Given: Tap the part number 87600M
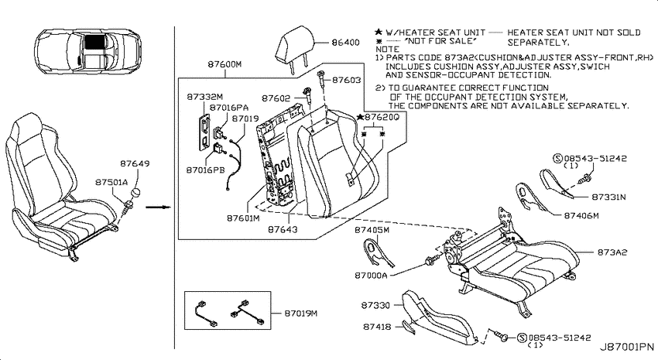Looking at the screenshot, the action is (224, 64).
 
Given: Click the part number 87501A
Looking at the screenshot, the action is (111, 183).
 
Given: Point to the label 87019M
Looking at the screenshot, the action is (301, 314).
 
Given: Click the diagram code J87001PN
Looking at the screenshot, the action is (626, 347).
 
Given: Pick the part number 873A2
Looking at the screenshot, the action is (612, 252).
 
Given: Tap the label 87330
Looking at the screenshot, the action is (375, 306).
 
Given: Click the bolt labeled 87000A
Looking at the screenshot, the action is (430, 261).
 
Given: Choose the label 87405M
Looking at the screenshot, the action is (372, 230).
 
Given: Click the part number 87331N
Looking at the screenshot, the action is (608, 197).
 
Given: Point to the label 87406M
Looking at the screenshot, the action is (581, 216).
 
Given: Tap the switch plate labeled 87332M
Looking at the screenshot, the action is (204, 132).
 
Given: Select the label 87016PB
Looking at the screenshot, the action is (206, 170).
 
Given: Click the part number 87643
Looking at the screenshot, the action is (283, 229).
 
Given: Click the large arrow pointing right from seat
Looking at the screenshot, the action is (158, 207).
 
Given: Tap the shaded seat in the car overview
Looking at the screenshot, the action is (95, 43).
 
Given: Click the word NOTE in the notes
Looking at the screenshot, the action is (387, 49).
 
